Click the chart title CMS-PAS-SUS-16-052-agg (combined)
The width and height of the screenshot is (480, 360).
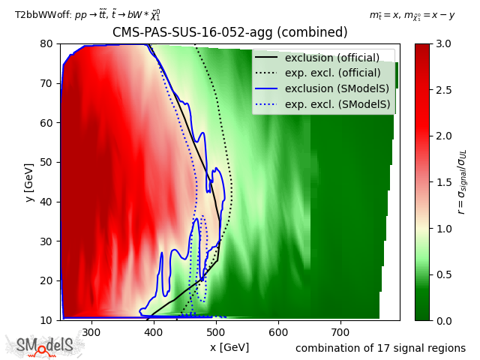[229, 33]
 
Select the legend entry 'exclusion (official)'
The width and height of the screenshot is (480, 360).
[331, 58]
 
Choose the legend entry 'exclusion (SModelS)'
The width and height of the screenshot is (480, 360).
[331, 88]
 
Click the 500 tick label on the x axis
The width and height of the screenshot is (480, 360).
[217, 331]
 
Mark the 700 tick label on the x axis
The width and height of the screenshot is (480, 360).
[341, 331]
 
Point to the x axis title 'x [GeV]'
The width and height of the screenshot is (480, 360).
[229, 346]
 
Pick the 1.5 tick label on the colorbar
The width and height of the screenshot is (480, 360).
[442, 181]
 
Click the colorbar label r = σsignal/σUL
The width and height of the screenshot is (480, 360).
[462, 181]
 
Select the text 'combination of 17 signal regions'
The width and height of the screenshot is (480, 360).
[380, 348]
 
